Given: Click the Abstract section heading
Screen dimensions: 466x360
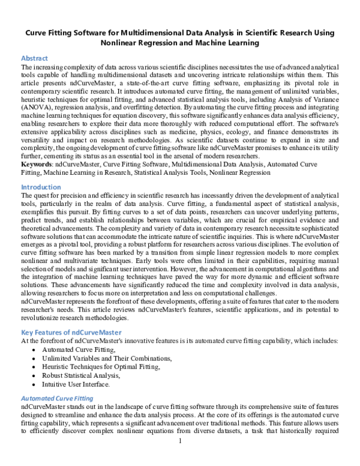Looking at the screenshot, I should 35,58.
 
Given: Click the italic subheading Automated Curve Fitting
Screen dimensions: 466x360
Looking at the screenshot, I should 57,398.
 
